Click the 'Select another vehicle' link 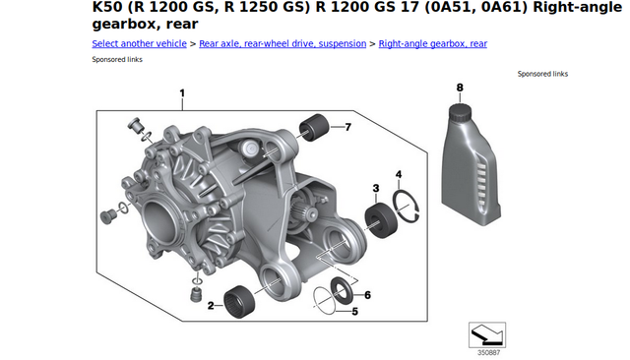[139, 43]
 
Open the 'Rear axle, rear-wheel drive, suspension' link [283, 43]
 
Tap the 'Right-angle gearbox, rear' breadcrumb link [433, 43]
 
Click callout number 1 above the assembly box [182, 93]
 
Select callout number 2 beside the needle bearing [211, 306]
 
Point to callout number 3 [376, 188]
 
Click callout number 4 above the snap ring [399, 174]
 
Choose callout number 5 [354, 312]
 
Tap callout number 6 [367, 295]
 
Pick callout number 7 [347, 127]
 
